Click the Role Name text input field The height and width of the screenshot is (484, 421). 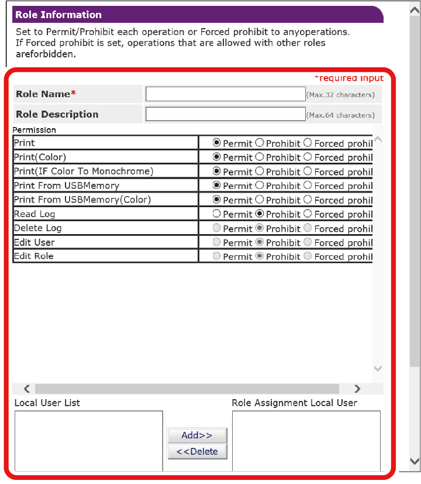tap(225, 94)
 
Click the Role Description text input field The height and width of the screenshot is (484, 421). tap(225, 114)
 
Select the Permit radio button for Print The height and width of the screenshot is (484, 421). tap(217, 143)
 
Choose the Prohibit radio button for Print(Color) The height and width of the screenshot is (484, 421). tap(260, 157)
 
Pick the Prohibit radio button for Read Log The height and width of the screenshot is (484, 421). tap(260, 214)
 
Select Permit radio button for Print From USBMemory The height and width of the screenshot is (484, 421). tap(217, 186)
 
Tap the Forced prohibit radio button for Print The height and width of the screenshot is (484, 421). tap(308, 143)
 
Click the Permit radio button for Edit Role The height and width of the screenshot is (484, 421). tap(217, 256)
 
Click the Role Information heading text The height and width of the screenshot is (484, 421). tap(58, 15)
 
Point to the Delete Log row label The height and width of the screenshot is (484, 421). tap(37, 228)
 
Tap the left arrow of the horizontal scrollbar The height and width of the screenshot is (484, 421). tap(27, 389)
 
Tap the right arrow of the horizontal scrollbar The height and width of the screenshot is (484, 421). tap(357, 389)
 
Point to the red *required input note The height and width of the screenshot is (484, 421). tap(348, 78)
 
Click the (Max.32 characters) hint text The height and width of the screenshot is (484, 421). tap(340, 95)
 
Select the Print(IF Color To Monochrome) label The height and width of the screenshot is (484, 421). tap(84, 171)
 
